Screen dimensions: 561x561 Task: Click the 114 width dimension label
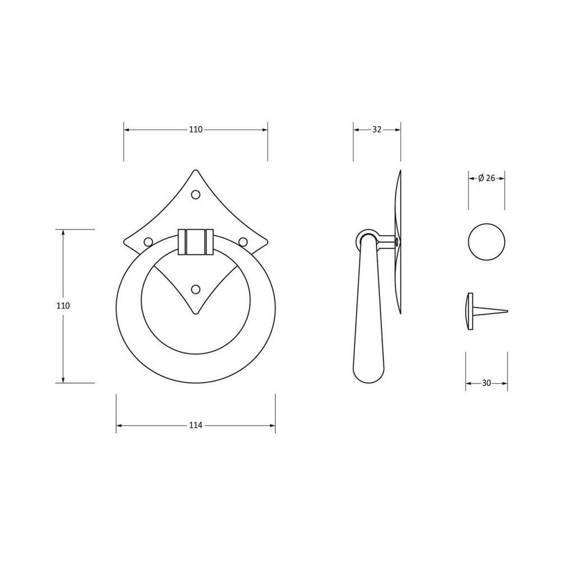(x=196, y=425)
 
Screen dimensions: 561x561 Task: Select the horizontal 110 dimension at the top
(x=196, y=130)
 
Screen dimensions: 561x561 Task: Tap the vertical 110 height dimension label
(x=63, y=306)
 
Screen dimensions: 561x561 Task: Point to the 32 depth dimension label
(x=377, y=130)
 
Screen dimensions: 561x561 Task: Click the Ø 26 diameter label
(x=486, y=178)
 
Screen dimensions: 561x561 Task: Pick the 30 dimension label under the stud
(x=486, y=383)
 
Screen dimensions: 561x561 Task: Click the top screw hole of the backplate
(x=195, y=195)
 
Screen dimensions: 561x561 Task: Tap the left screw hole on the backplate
(x=148, y=242)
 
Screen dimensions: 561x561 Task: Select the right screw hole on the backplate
(x=243, y=242)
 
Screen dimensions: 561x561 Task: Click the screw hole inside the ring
(x=195, y=289)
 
